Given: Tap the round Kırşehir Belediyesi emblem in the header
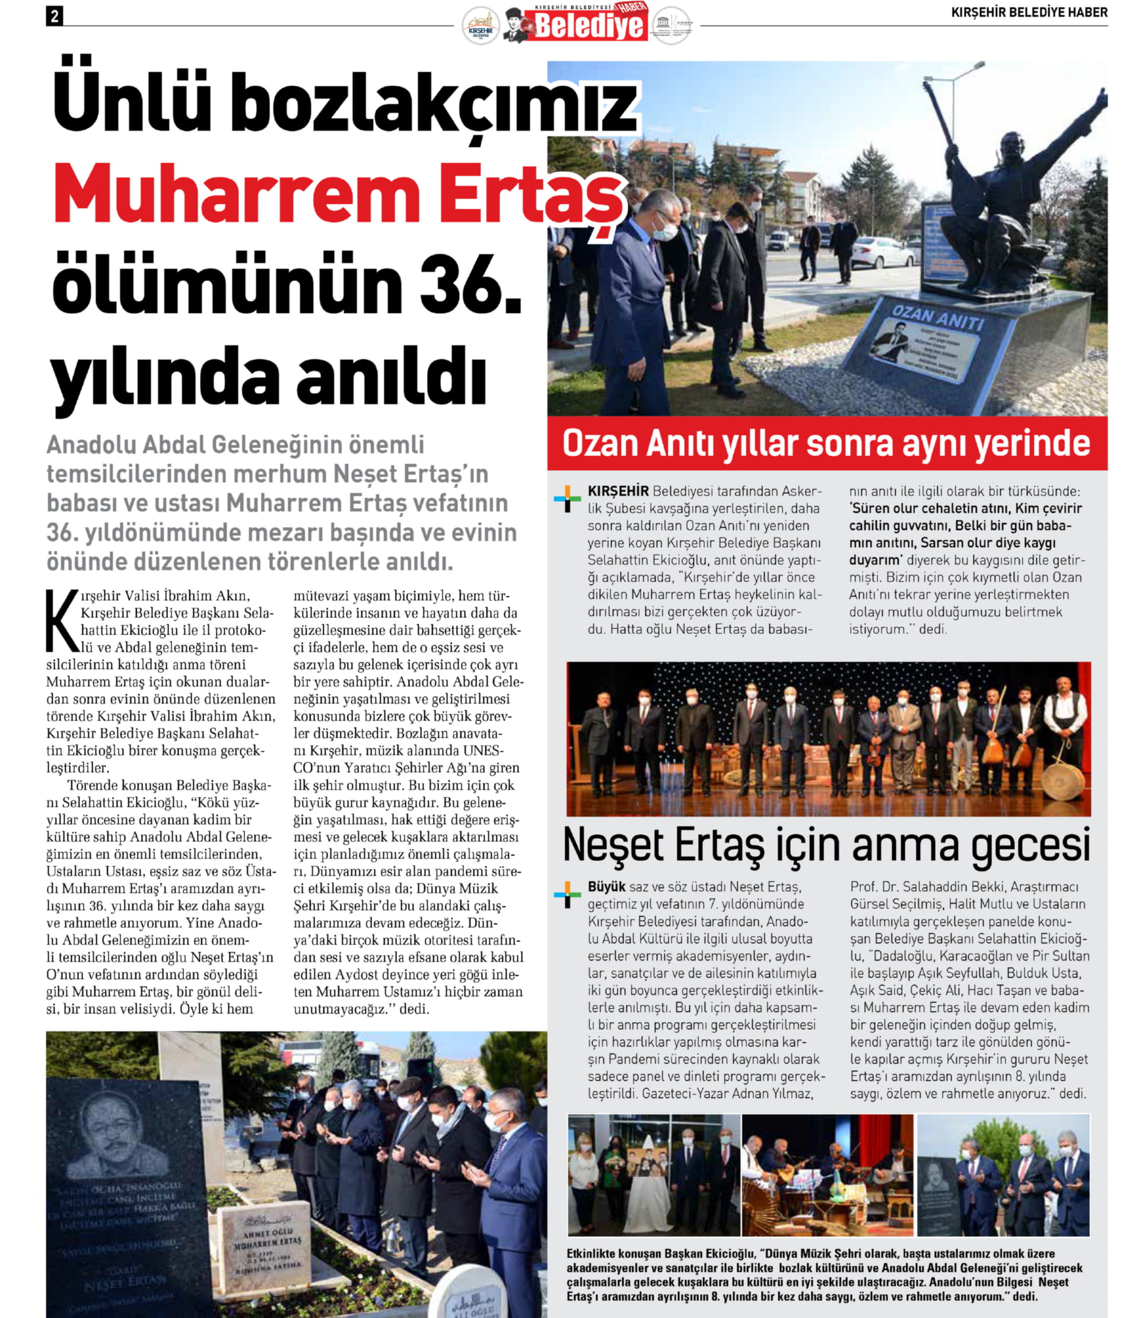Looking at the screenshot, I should (x=481, y=26).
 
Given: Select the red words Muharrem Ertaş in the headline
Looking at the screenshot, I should (x=337, y=194).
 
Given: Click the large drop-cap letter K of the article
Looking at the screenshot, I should (x=62, y=621).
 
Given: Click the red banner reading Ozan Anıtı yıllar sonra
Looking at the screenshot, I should (x=826, y=443).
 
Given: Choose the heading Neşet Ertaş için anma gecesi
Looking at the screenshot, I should (x=826, y=846).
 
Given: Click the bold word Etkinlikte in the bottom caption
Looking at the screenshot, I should (x=596, y=1254).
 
